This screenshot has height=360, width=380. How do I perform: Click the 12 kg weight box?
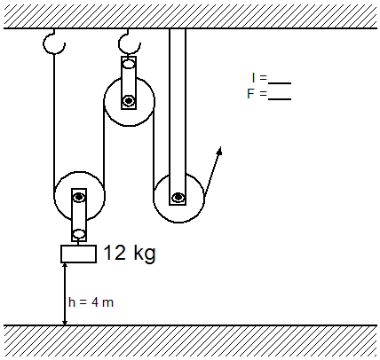click(78, 254)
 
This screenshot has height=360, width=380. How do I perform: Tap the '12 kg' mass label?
click(130, 254)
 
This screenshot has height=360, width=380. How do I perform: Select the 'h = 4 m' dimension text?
click(91, 302)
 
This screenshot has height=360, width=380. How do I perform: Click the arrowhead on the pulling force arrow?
click(219, 151)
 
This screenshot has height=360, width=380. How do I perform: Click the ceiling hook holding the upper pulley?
click(129, 43)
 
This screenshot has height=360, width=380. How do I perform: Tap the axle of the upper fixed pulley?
click(129, 101)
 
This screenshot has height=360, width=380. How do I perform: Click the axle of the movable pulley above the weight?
click(79, 197)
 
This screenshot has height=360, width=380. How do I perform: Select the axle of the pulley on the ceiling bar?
click(178, 197)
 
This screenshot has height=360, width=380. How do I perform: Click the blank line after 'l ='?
click(280, 83)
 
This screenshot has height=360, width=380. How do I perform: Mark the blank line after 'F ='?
click(280, 98)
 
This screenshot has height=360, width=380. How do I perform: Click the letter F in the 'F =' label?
click(250, 94)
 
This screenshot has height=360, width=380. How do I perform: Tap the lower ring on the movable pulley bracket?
click(79, 234)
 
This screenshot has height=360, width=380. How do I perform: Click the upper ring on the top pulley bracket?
click(129, 64)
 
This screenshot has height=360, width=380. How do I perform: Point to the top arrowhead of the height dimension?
click(65, 265)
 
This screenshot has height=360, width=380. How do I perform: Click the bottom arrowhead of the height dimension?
click(65, 322)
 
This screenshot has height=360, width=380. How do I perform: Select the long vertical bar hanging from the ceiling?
click(178, 116)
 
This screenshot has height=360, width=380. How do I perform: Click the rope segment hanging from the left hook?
click(54, 121)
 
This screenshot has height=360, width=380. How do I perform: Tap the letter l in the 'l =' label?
click(253, 78)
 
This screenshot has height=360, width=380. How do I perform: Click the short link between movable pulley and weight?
click(78, 243)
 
